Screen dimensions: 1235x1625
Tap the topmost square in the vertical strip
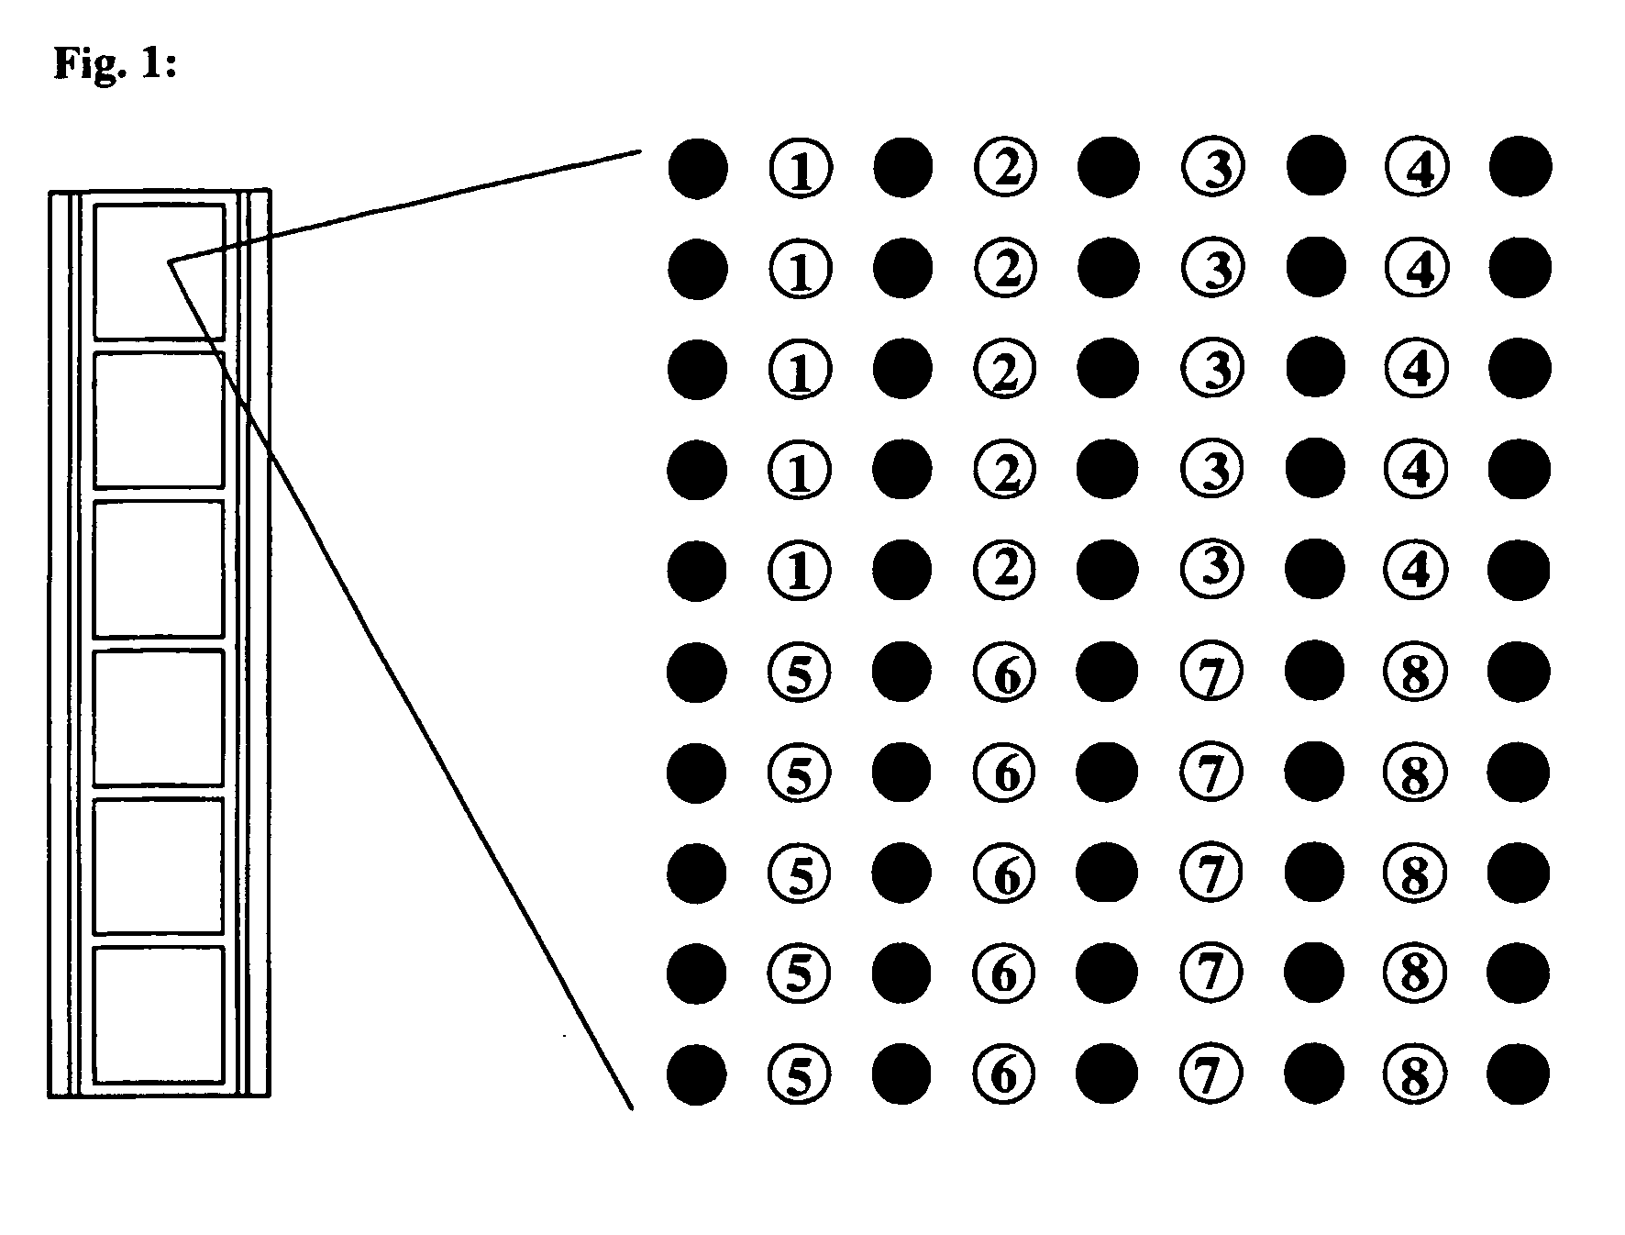159,272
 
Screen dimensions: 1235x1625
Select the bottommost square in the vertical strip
159,1014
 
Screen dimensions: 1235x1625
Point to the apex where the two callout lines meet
170,262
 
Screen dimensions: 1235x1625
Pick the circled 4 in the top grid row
1417,168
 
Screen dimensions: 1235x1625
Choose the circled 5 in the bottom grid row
800,1074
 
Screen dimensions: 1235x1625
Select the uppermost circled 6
1005,673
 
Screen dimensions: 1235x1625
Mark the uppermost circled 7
1211,673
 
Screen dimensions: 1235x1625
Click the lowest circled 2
1005,570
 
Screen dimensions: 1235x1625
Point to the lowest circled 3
1212,569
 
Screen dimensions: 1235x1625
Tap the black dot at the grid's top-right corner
1520,167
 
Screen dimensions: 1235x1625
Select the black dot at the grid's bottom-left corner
696,1074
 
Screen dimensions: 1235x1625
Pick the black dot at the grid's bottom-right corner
1518,1073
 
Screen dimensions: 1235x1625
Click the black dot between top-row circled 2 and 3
1109,168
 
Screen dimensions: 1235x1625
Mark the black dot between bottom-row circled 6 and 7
1107,1074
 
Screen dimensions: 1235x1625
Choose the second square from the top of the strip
159,419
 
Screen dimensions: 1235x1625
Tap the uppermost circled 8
1415,673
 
